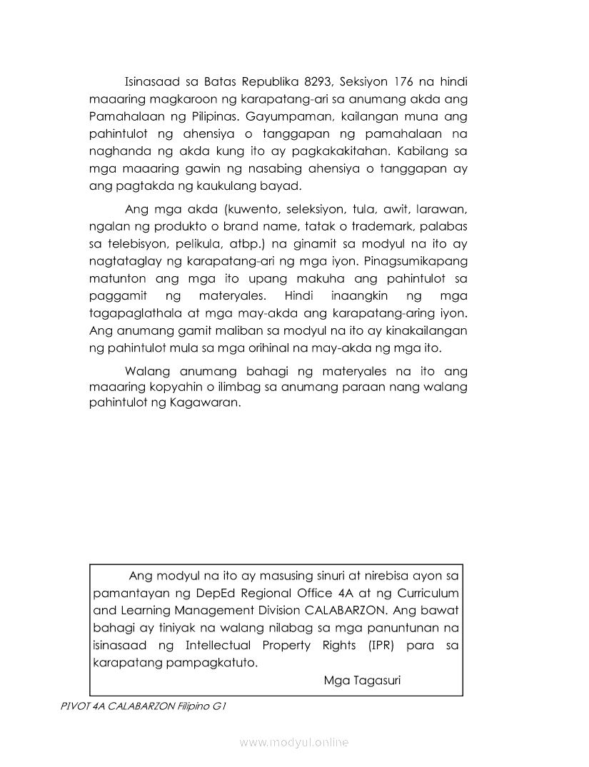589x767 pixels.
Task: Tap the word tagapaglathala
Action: pyautogui.click(x=135, y=314)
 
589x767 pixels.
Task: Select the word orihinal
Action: pyautogui.click(x=285, y=349)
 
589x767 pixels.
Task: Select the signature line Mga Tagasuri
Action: pyautogui.click(x=362, y=680)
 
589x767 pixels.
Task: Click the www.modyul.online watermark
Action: pyautogui.click(x=294, y=743)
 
